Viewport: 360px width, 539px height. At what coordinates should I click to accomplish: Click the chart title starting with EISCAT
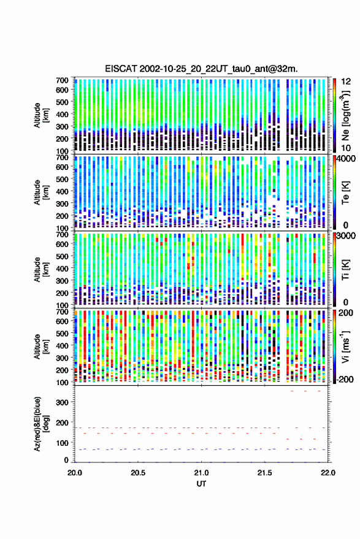tap(201, 69)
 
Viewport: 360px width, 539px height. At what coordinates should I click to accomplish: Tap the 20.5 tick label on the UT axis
tap(138, 473)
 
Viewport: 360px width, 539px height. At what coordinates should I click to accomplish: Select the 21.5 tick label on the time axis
tap(264, 473)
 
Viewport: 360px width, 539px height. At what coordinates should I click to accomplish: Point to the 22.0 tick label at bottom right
tap(327, 473)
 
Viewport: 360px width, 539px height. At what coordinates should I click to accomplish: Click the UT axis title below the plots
tap(201, 484)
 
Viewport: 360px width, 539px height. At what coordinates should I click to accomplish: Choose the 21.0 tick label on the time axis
tap(201, 473)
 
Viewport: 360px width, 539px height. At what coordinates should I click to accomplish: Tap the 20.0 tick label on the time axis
tap(75, 473)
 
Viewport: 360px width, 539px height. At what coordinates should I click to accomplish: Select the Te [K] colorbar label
tap(345, 192)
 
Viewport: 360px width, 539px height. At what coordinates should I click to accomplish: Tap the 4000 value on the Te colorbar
tap(347, 159)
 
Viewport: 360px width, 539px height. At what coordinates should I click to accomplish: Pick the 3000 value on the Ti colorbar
tap(347, 236)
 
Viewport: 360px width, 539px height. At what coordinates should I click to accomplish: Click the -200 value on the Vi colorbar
tap(344, 379)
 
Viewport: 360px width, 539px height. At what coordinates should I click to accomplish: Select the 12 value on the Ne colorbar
tap(346, 82)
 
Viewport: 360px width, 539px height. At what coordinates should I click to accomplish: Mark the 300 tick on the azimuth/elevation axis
tap(62, 402)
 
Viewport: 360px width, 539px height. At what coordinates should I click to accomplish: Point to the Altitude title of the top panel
tap(40, 115)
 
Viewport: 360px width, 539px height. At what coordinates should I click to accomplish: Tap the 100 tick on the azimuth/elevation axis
tap(62, 443)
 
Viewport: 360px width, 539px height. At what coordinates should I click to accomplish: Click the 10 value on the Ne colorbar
tap(346, 148)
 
